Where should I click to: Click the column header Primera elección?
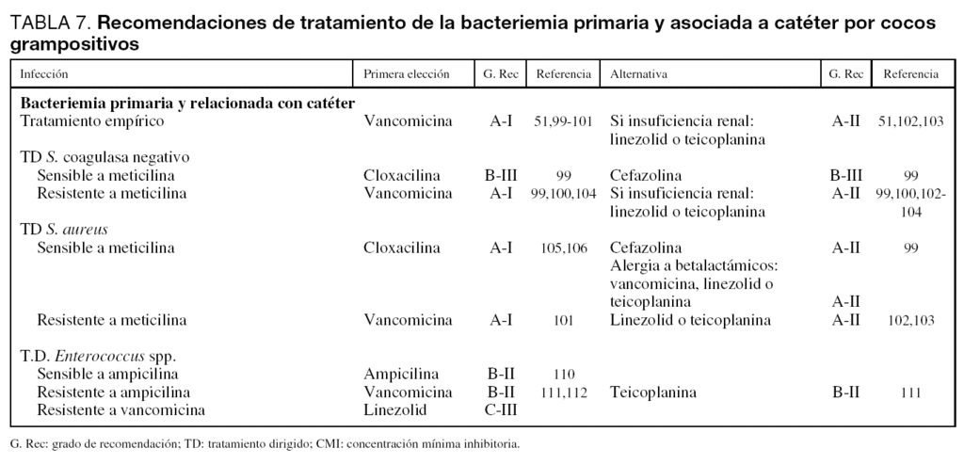click(407, 73)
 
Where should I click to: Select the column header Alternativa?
click(640, 73)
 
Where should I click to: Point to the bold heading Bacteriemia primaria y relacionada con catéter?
click(187, 103)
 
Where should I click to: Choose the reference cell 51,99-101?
click(563, 121)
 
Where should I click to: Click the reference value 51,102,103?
click(910, 121)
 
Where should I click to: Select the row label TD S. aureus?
click(64, 229)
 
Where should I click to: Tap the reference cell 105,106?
click(564, 248)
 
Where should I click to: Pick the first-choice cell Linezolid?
click(395, 409)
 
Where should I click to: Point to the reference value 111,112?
click(564, 392)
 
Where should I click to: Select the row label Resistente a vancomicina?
click(120, 409)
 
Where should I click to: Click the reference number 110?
click(564, 374)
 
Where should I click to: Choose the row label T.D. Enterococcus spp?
click(99, 356)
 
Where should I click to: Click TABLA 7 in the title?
click(50, 24)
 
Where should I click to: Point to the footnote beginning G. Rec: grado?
click(265, 442)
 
